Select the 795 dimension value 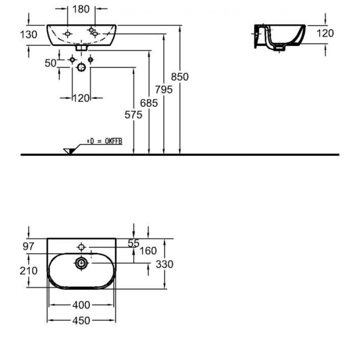(164, 90)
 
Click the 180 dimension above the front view (81, 9)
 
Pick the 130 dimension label (28, 35)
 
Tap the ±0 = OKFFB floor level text (104, 141)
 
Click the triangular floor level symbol (69, 150)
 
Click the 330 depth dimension (165, 264)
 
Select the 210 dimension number (29, 271)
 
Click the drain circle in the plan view (81, 264)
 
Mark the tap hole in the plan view (81, 247)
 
